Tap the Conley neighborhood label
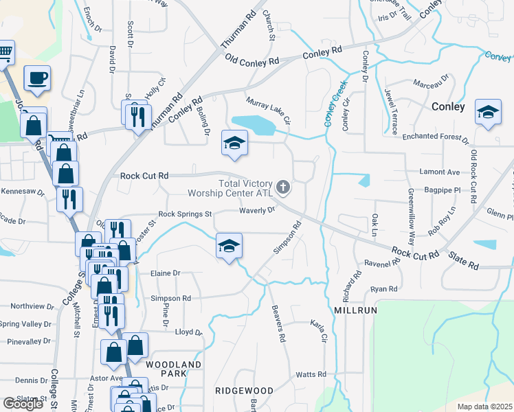tap(448, 106)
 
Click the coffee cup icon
tap(37, 78)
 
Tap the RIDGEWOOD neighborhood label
tap(244, 391)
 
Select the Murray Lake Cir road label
tap(269, 108)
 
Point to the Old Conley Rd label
tap(252, 62)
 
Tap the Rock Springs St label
tap(185, 214)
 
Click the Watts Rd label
tap(311, 374)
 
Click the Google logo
tap(23, 404)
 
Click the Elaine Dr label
tap(165, 273)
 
